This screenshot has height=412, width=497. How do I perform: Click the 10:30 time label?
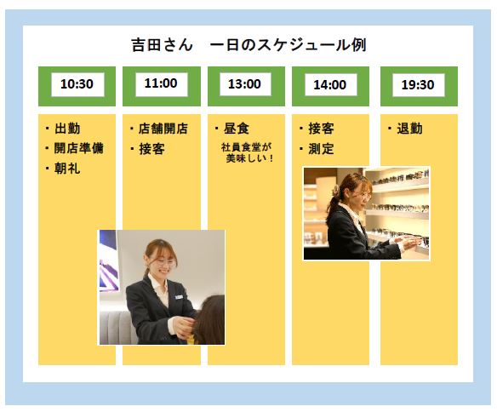(77, 84)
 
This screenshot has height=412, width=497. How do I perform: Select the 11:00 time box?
(162, 84)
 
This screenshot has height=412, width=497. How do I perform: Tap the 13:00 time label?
(245, 84)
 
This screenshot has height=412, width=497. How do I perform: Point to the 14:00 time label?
(330, 84)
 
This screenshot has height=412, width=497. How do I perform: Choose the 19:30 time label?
(418, 84)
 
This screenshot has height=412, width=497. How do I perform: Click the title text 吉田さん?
(163, 44)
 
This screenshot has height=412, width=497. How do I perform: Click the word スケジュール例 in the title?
(311, 44)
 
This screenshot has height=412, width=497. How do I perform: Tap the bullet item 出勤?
(67, 129)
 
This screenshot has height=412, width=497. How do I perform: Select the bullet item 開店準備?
(79, 148)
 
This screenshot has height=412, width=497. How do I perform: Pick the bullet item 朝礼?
(67, 169)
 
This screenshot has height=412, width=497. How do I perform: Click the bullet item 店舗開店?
(163, 129)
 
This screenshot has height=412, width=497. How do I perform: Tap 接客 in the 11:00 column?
(151, 149)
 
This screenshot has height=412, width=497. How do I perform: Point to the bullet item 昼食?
(237, 129)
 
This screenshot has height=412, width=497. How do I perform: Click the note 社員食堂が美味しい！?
(247, 152)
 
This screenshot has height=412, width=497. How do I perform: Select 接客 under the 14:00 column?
(321, 129)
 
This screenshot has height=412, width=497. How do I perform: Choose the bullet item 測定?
(321, 149)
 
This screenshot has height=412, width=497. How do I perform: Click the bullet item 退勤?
(409, 129)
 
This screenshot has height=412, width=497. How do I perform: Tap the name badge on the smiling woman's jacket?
(179, 297)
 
